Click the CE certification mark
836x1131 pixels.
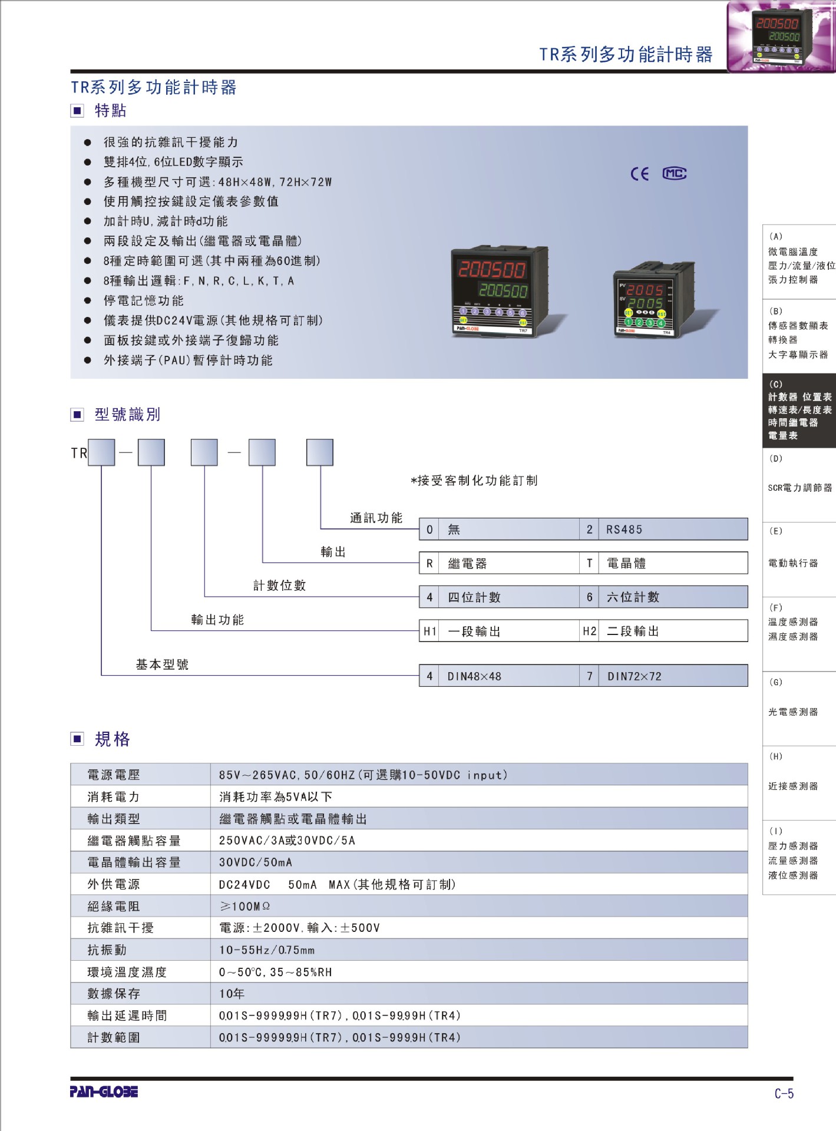pos(639,174)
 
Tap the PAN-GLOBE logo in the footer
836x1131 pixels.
pos(104,1092)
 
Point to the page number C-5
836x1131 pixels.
pos(784,1093)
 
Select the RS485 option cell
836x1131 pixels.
pos(672,530)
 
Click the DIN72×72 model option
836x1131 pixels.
pos(672,676)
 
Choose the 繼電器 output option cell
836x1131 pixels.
pos(508,564)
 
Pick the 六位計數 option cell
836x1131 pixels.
pos(672,597)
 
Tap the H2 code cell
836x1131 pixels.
pos(589,631)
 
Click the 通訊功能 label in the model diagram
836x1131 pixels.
pos(376,518)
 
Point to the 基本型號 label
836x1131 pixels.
pos(162,664)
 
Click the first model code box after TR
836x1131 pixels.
pos(101,452)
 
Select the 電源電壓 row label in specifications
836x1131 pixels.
pos(114,775)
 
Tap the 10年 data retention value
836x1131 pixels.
pos(232,994)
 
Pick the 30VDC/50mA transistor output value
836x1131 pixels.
pos(255,862)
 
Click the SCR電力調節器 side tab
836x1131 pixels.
pos(799,488)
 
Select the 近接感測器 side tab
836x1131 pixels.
pos(793,786)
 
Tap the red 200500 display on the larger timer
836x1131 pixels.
pos(492,269)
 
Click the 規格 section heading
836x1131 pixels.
pos(112,739)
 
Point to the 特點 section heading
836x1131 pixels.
pos(110,111)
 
